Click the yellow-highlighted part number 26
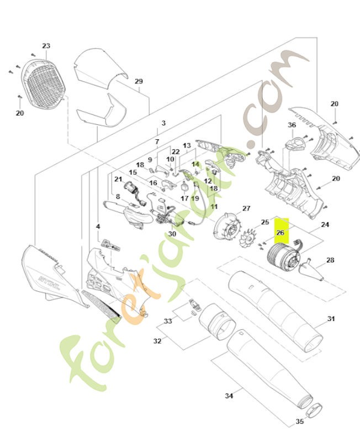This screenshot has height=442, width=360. (x=280, y=233)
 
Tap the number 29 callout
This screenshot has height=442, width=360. (x=139, y=81)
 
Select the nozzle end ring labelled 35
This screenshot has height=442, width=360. (x=314, y=411)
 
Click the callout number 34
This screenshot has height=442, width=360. (x=229, y=396)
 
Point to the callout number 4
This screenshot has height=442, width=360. (x=98, y=227)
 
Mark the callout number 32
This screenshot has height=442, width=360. (x=157, y=341)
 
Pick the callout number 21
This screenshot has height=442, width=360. (x=118, y=179)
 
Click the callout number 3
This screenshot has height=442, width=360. (x=163, y=123)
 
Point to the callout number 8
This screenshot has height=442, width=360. (x=118, y=196)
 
